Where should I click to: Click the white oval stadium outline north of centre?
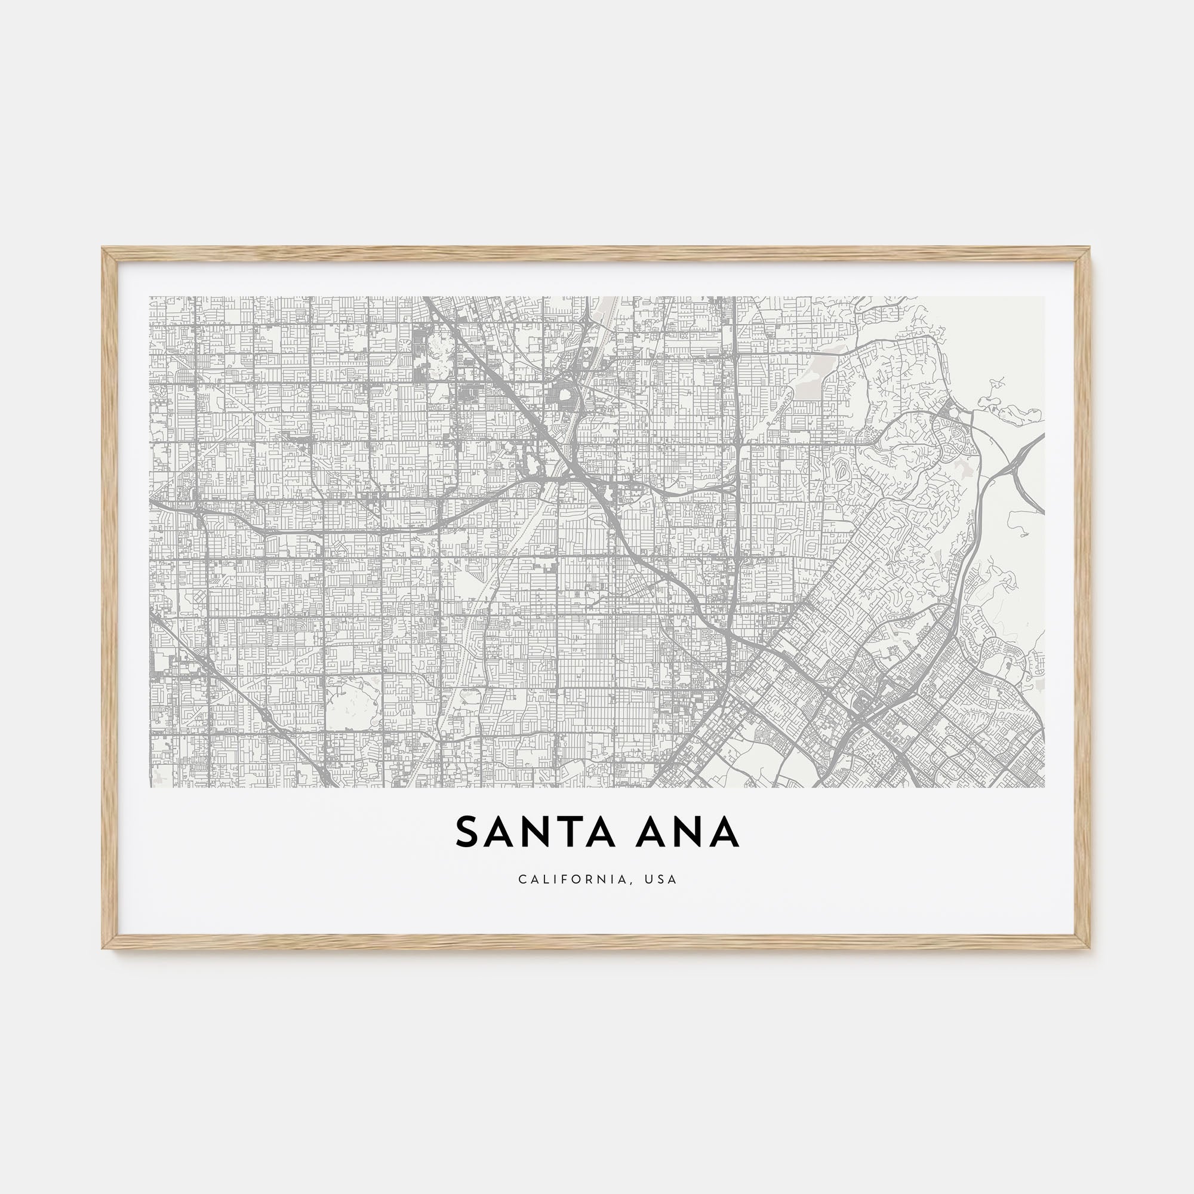pos(564,394)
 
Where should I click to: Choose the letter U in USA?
pos(650,879)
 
